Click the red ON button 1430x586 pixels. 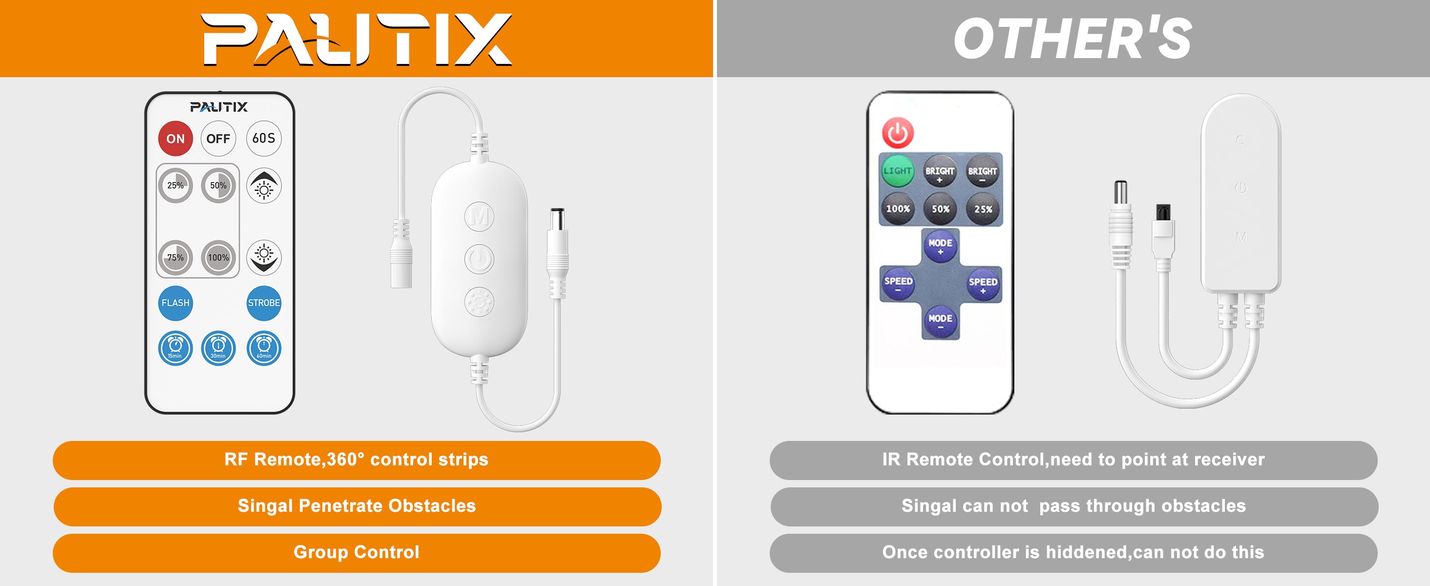coord(175,138)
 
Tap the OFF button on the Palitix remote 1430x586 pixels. coord(218,138)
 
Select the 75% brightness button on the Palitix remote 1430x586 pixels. coord(175,257)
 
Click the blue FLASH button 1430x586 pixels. coord(175,303)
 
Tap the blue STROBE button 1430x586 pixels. coord(264,303)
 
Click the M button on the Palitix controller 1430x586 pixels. coord(479,216)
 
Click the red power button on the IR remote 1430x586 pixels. coord(898,133)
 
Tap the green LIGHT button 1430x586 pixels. coord(898,171)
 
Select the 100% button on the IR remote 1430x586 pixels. coord(898,209)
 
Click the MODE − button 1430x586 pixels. coord(940,321)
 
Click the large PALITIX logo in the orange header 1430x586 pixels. coord(356,39)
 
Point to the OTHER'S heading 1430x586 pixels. coord(1072,38)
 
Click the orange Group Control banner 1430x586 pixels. coord(357,553)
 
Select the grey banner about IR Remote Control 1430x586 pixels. coord(1073,460)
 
